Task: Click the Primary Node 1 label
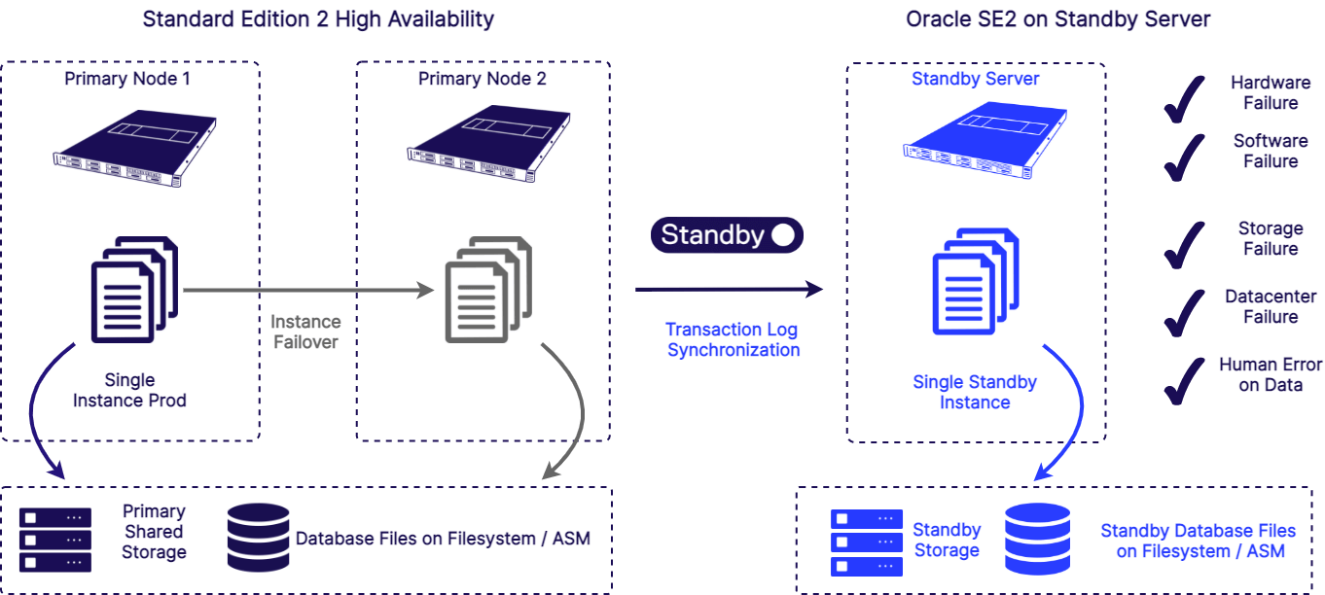click(127, 79)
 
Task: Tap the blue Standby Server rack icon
click(985, 140)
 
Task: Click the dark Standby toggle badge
click(727, 234)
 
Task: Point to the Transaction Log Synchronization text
click(733, 339)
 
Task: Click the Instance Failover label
click(305, 332)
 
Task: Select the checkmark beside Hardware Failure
click(1184, 98)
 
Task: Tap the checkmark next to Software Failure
click(1184, 157)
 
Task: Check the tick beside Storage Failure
click(1184, 245)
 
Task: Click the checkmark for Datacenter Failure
click(1184, 312)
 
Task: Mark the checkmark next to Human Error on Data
click(1184, 380)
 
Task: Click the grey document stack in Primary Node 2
click(488, 290)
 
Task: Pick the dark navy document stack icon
click(135, 290)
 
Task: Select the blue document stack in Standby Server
click(976, 281)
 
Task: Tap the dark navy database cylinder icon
click(259, 537)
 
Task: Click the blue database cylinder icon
click(1037, 539)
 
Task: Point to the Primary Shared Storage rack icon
click(55, 540)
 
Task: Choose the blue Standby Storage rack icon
click(867, 542)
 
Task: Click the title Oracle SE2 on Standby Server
click(1058, 18)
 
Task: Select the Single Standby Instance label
click(975, 392)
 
